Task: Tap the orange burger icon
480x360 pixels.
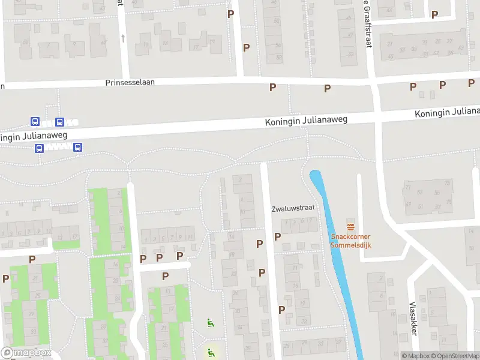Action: pyautogui.click(x=350, y=226)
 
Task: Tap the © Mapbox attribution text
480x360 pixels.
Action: pyautogui.click(x=415, y=356)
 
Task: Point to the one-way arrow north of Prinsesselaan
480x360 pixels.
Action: pyautogui.click(x=123, y=38)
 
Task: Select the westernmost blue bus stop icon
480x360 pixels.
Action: pyautogui.click(x=35, y=122)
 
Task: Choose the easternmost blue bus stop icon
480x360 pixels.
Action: pyautogui.click(x=77, y=148)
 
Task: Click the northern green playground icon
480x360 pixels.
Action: pyautogui.click(x=210, y=323)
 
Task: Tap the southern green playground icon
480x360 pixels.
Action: pyautogui.click(x=210, y=352)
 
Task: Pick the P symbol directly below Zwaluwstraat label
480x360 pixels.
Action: pyautogui.click(x=277, y=236)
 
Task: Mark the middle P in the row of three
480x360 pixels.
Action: pyautogui.click(x=160, y=257)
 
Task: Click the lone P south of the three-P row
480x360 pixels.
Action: pyautogui.click(x=165, y=276)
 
